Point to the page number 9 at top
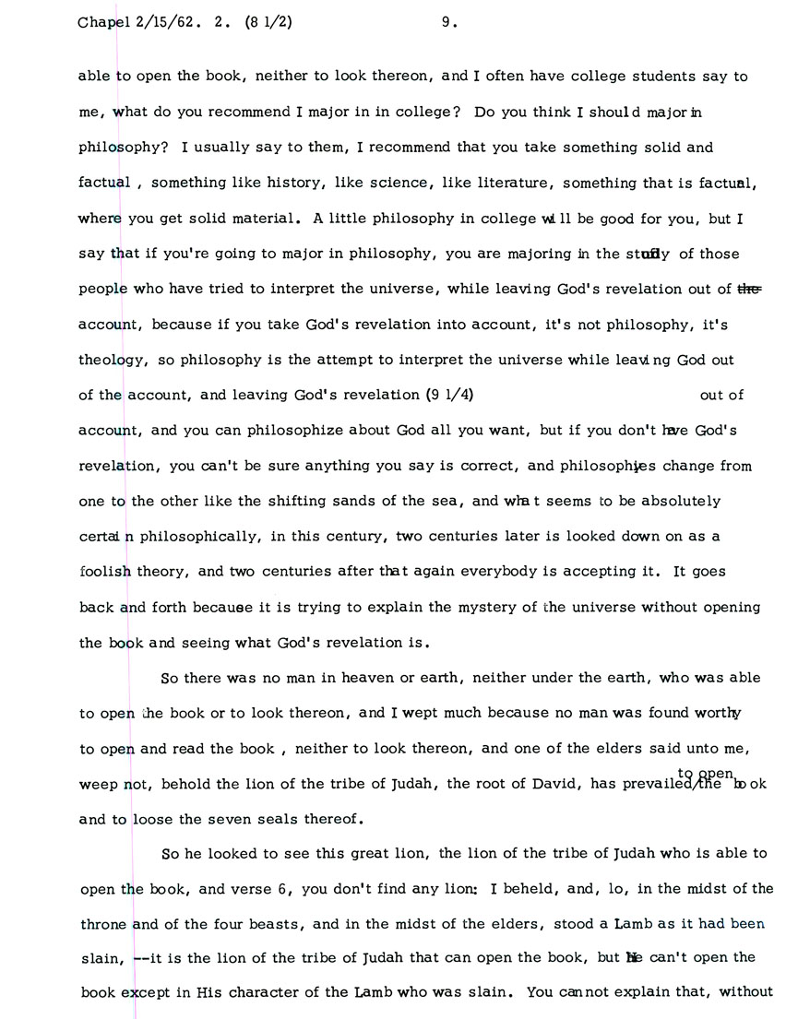pos(447,25)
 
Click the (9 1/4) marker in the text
pos(450,396)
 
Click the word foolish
pos(105,572)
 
